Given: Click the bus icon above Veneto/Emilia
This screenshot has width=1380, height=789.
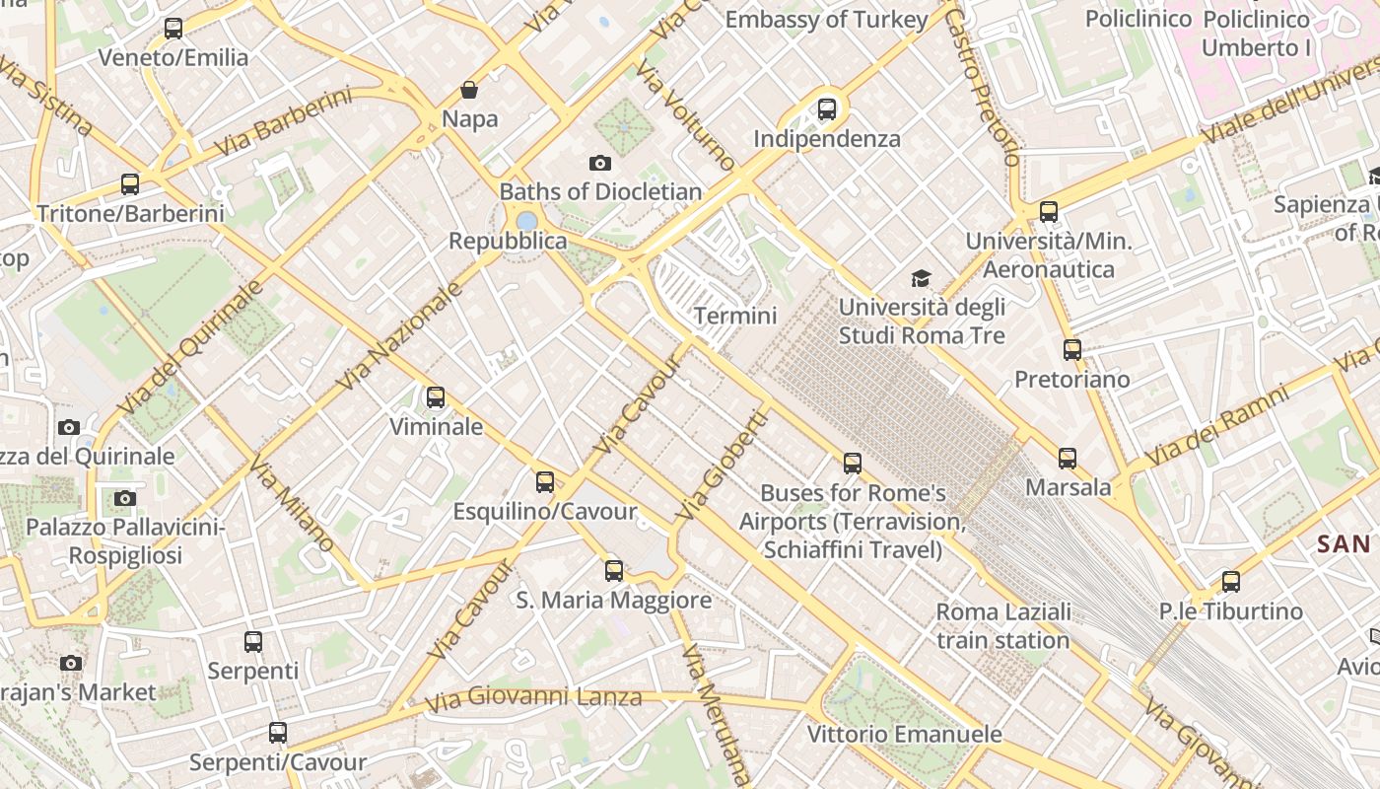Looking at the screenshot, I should coord(173,29).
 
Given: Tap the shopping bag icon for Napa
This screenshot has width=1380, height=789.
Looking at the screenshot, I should coord(469,91).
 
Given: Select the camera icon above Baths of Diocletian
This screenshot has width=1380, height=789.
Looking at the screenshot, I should coord(599,163).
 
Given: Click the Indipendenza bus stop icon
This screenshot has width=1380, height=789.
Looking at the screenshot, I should coord(827,109).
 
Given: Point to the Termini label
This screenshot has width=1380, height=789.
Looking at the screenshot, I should coord(735,317).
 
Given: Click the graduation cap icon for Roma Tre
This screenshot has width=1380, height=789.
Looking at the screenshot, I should coord(921,279).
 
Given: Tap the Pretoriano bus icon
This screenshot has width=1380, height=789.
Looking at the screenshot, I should coord(1071,350).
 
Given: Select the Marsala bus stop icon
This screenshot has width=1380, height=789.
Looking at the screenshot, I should coord(1068,459).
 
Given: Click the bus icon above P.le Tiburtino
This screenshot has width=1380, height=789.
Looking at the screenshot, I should coord(1230,582).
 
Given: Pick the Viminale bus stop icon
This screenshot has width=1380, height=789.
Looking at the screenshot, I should coord(436,397).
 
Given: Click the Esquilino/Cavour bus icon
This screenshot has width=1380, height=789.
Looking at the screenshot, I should coord(545,482).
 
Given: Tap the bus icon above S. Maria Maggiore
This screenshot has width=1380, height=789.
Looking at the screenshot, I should coord(614,570).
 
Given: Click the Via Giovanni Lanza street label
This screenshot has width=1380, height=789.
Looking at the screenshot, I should coord(533,699).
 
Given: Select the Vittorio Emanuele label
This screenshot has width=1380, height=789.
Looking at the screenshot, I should coord(904,735).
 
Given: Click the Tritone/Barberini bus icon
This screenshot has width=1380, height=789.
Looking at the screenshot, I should coord(130,184).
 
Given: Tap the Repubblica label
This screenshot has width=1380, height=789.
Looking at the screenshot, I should coord(508,242).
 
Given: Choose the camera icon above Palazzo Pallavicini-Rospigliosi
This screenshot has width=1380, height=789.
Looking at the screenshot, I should coord(124,498).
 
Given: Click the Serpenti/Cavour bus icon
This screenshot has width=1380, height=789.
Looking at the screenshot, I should coord(278,733).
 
